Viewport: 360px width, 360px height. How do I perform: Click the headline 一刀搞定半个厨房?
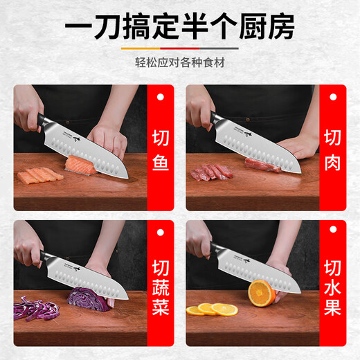(180, 27)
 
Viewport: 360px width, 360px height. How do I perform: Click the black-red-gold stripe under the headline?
(180, 48)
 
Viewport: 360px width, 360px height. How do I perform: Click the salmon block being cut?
(78, 165)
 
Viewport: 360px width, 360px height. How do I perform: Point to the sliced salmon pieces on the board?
(40, 175)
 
